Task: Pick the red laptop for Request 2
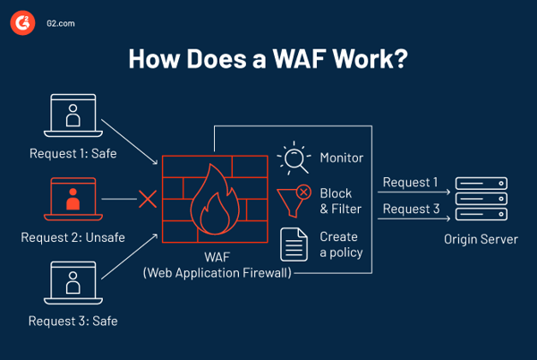point(72,200)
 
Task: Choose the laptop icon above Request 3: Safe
point(72,282)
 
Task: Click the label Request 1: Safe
point(72,153)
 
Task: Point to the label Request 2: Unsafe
point(72,237)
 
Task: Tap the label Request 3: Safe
point(72,320)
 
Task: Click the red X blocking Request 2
point(148,199)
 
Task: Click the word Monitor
point(342,159)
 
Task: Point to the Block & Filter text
point(337,201)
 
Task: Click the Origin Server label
point(481,239)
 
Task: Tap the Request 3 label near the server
point(410,210)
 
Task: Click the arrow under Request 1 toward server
point(410,193)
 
